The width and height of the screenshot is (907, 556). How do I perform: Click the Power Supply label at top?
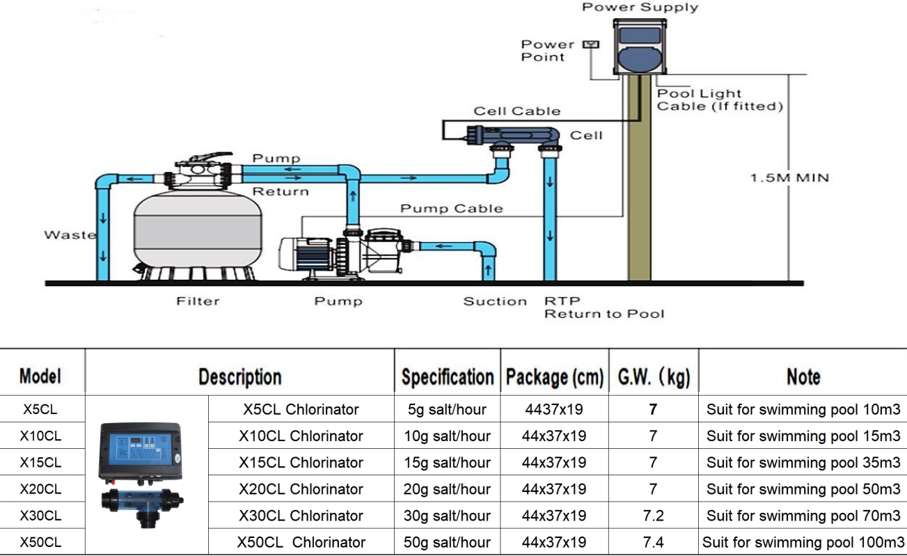click(x=640, y=8)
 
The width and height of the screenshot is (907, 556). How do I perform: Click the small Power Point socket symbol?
click(x=591, y=45)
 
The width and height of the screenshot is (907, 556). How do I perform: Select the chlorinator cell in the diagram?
click(x=516, y=134)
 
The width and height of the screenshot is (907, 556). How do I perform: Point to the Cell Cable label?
click(x=516, y=111)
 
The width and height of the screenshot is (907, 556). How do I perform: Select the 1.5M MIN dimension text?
click(x=789, y=178)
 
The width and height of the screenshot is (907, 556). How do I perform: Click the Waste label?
click(x=70, y=235)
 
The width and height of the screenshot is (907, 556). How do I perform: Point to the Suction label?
click(x=495, y=301)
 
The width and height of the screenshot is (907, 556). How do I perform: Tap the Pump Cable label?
click(x=451, y=209)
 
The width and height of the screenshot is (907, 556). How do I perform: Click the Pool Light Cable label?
click(x=719, y=100)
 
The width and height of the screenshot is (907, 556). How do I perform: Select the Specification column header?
click(x=448, y=377)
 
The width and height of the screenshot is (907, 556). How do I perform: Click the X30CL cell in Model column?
click(x=41, y=516)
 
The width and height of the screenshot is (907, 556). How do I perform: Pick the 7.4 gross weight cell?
click(x=653, y=542)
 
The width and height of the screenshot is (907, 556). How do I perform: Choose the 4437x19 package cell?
click(x=553, y=409)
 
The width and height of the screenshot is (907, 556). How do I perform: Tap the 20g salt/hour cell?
click(x=447, y=489)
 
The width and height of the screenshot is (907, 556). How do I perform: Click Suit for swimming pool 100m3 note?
click(x=803, y=542)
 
